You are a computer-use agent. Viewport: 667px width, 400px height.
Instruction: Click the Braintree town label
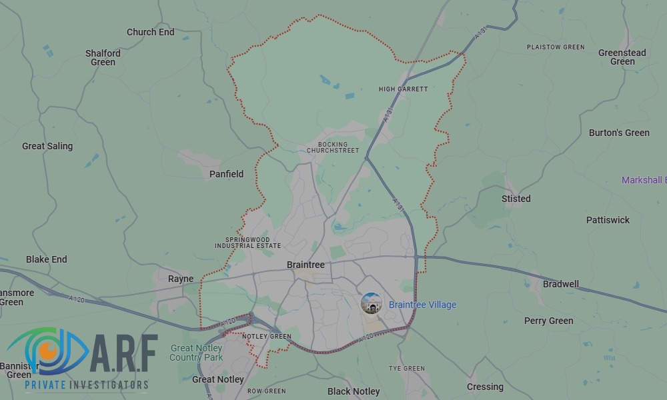(305, 265)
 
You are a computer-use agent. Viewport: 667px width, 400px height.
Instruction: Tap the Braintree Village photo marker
(372, 304)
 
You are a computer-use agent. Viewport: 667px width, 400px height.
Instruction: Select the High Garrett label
(403, 89)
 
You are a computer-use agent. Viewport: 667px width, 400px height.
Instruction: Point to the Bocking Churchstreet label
(333, 147)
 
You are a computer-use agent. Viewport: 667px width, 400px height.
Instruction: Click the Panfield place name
(227, 174)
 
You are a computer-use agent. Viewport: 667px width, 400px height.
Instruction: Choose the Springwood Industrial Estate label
(247, 242)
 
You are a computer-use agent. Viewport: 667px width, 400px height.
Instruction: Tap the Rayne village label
(181, 279)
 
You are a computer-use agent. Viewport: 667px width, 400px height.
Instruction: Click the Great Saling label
(47, 146)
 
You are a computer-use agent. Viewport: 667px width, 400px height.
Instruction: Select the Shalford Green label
(103, 57)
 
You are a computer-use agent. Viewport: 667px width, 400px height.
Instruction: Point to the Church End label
(151, 31)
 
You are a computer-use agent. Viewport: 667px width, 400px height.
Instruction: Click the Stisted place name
(516, 198)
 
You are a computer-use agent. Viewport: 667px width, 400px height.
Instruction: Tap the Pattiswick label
(608, 219)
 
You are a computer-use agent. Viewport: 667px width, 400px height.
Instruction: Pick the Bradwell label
(561, 283)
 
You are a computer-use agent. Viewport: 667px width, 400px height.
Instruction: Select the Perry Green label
(548, 321)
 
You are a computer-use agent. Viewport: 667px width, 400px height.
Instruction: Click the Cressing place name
(485, 387)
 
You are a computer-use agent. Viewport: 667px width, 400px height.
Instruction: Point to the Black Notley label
(354, 391)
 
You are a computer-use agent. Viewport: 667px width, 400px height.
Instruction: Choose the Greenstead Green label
(622, 57)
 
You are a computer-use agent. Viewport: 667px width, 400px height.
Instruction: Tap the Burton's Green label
(619, 133)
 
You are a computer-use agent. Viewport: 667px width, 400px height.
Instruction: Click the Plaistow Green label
(556, 47)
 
